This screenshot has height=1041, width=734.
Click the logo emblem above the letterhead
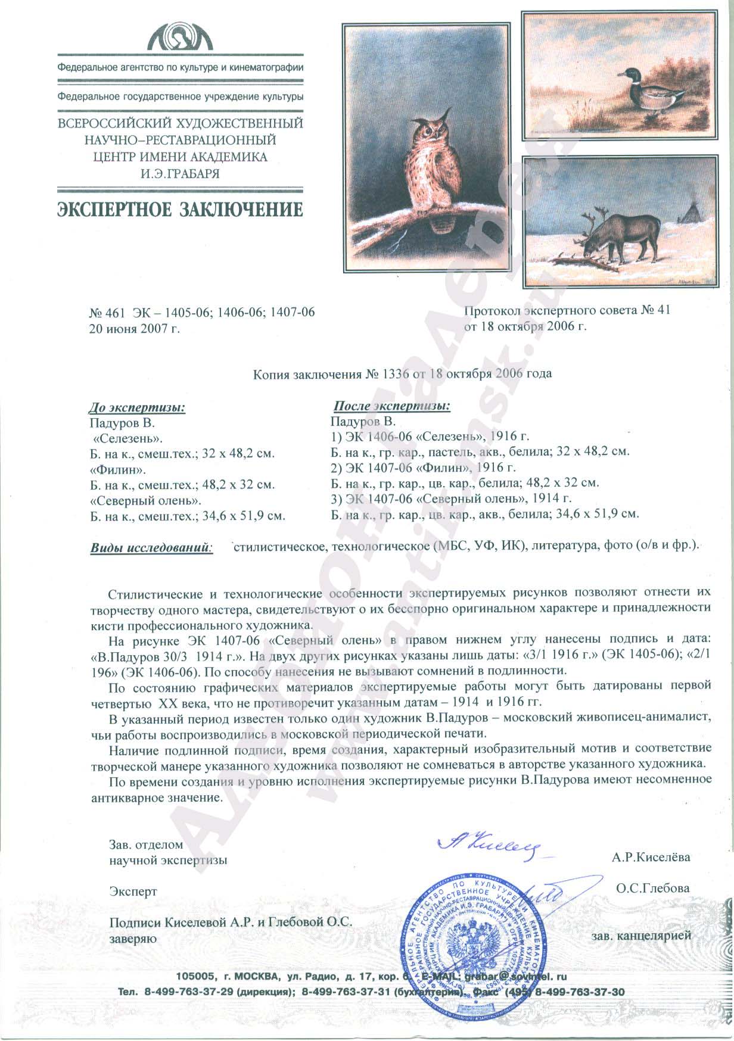coord(179,38)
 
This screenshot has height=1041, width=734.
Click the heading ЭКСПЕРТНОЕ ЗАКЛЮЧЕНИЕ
coord(179,209)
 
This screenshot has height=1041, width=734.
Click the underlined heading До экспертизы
coord(136,408)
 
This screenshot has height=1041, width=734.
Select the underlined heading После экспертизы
coord(391,406)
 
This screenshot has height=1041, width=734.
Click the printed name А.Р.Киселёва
coord(651,858)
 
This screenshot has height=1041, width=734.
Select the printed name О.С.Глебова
coord(653,888)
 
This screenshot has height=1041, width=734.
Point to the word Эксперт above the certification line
coord(133,892)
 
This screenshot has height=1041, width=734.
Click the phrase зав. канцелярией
coord(642,936)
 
